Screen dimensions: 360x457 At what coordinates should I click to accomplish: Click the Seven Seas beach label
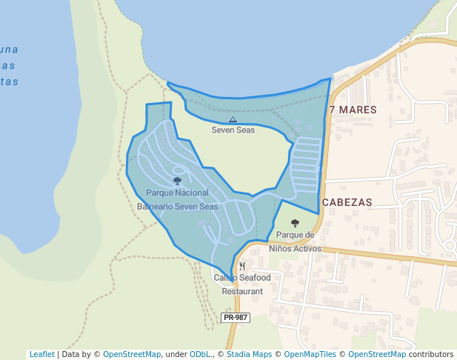pyautogui.click(x=233, y=130)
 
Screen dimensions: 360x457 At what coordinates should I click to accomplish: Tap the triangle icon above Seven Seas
pyautogui.click(x=233, y=119)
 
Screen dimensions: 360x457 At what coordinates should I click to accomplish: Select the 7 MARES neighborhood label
pyautogui.click(x=353, y=110)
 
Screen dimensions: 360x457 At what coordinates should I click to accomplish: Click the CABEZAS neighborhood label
pyautogui.click(x=347, y=201)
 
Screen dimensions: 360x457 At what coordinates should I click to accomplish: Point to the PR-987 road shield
pyautogui.click(x=236, y=318)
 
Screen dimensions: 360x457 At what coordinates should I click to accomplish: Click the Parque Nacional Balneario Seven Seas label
pyautogui.click(x=177, y=199)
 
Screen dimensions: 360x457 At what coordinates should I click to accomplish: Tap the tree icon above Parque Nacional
pyautogui.click(x=177, y=181)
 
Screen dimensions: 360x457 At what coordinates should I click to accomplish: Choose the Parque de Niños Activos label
pyautogui.click(x=295, y=241)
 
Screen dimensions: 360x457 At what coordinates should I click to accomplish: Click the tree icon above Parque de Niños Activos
pyautogui.click(x=295, y=223)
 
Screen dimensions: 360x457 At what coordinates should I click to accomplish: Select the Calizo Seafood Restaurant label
pyautogui.click(x=242, y=284)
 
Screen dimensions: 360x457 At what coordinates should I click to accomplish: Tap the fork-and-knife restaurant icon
pyautogui.click(x=242, y=266)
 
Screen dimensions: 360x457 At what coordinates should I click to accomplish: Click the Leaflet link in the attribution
pyautogui.click(x=41, y=354)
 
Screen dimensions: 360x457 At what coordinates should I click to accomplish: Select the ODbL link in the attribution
pyautogui.click(x=200, y=354)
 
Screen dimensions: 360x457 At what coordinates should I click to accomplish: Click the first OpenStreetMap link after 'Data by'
pyautogui.click(x=131, y=354)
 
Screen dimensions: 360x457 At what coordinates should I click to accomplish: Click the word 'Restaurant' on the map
pyautogui.click(x=242, y=291)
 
